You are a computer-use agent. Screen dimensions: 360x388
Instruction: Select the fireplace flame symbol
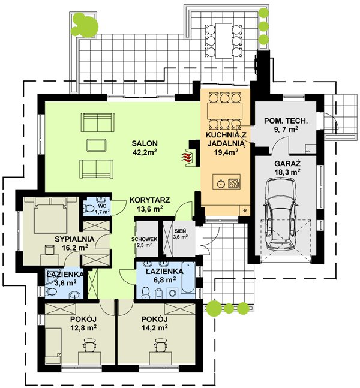pyautogui.click(x=187, y=157)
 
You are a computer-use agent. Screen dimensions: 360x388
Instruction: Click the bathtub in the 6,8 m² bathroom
pyautogui.click(x=188, y=278)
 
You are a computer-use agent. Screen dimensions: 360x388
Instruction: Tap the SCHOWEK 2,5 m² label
pyautogui.click(x=145, y=242)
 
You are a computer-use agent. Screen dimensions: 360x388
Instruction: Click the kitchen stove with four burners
pyautogui.click(x=234, y=184)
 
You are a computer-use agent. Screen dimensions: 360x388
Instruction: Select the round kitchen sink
pyautogui.click(x=221, y=184)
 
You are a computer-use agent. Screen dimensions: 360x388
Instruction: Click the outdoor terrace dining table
pyautogui.click(x=224, y=41)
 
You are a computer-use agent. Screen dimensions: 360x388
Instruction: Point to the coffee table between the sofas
pyautogui.click(x=97, y=145)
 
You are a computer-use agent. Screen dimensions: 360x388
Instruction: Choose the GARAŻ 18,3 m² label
pyautogui.click(x=287, y=168)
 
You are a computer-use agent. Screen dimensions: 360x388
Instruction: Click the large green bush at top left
pyautogui.click(x=84, y=25)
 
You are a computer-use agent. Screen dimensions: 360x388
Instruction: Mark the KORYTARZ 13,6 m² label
pyautogui.click(x=149, y=204)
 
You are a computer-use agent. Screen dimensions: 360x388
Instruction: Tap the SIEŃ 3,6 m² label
pyautogui.click(x=181, y=234)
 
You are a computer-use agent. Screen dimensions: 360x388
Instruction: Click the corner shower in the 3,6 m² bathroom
pyautogui.click(x=51, y=278)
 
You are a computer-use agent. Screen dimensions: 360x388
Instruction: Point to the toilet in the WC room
pyautogui.click(x=88, y=208)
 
